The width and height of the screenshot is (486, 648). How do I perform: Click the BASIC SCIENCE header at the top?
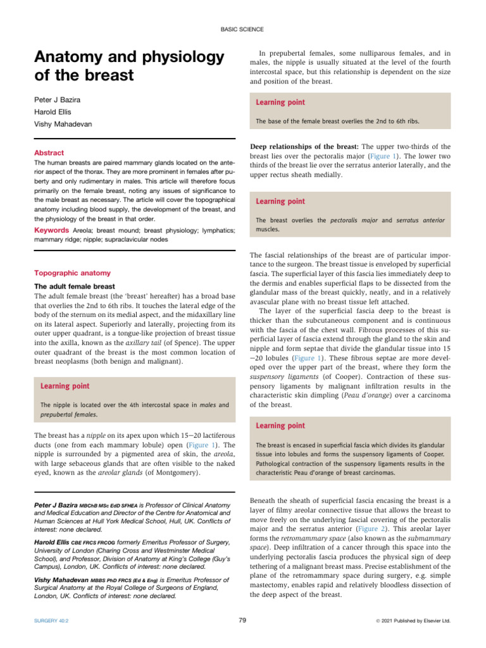pyautogui.click(x=242, y=29)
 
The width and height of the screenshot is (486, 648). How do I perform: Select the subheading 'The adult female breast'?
pyautogui.click(x=73, y=286)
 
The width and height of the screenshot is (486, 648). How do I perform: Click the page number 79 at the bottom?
pyautogui.click(x=242, y=621)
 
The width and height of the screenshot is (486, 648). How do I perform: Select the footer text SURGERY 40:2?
pyautogui.click(x=52, y=621)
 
